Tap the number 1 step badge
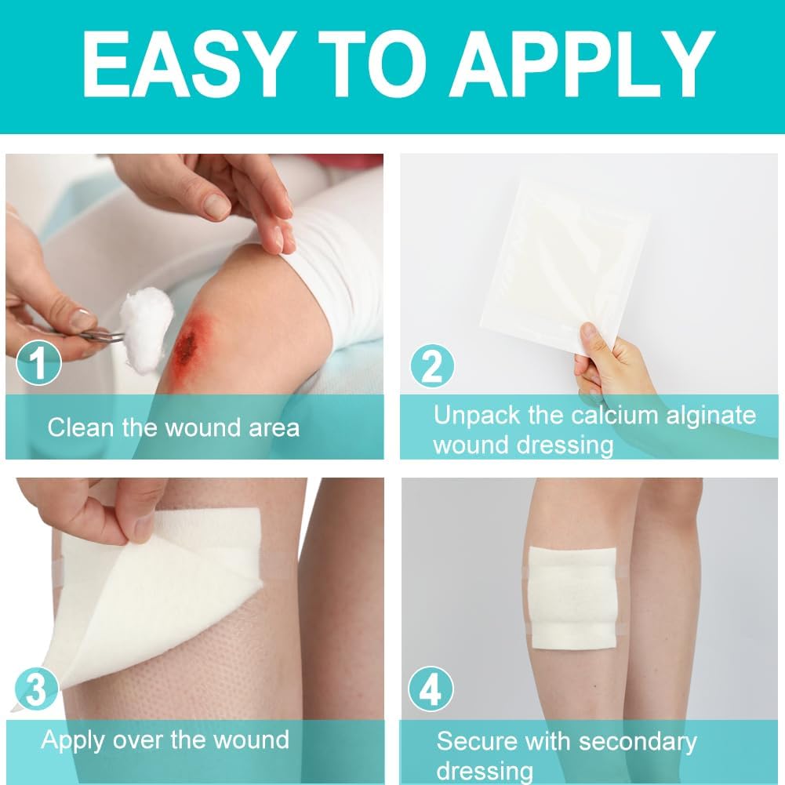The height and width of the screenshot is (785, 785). click(38, 363)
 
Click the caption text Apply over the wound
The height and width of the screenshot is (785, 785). click(165, 740)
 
